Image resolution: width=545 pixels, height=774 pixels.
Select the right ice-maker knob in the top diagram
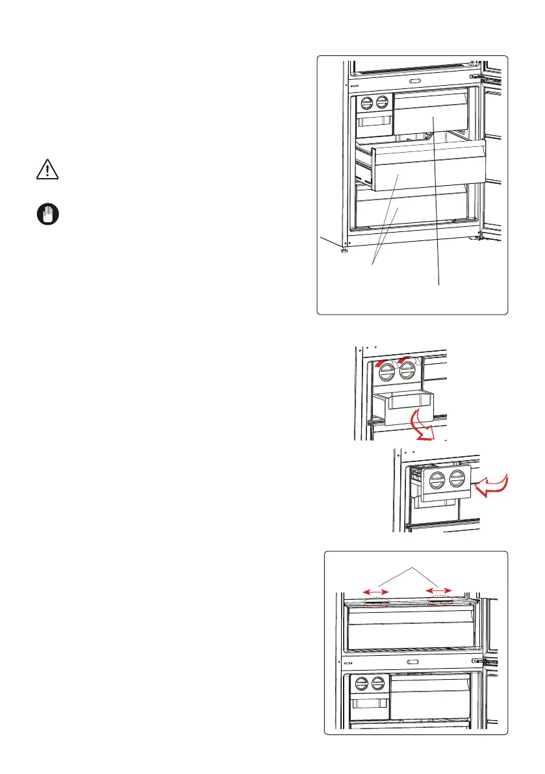tap(383, 102)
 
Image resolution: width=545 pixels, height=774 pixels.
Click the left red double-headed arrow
tap(376, 591)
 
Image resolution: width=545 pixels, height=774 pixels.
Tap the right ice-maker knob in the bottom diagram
tap(377, 684)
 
